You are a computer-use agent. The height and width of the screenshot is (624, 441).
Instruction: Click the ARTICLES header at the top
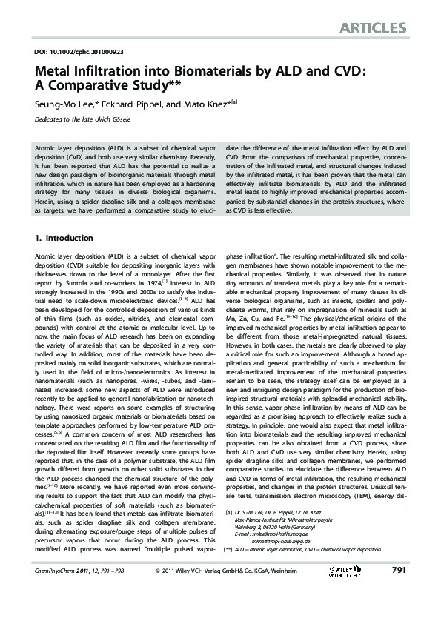(373, 29)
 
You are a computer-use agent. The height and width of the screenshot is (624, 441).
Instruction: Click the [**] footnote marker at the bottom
(228, 571)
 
